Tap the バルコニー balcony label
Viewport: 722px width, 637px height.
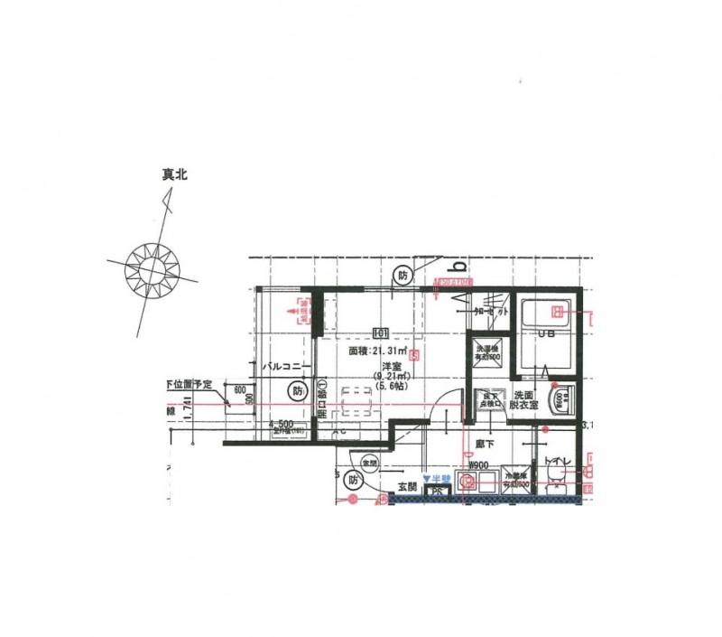click(x=286, y=367)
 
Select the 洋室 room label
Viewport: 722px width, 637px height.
click(x=391, y=365)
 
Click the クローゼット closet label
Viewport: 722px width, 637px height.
click(x=490, y=310)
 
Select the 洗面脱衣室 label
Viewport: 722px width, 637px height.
click(x=525, y=400)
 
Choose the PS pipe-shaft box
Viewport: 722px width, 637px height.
click(x=437, y=491)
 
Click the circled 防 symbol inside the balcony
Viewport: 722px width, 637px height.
click(x=297, y=391)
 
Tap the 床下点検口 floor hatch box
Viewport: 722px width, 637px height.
click(x=491, y=400)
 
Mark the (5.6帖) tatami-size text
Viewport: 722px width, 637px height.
click(x=390, y=386)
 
